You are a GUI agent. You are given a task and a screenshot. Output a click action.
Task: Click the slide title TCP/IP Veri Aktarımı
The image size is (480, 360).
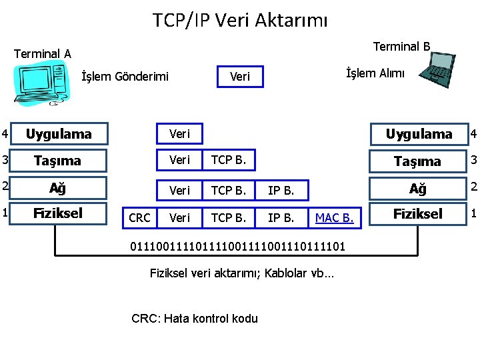(240, 20)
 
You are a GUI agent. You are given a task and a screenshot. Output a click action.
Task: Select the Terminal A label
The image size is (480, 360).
(43, 53)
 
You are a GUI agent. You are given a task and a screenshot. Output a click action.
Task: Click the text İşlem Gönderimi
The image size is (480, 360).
(125, 77)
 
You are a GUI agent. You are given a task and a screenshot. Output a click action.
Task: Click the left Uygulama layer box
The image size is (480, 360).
(59, 134)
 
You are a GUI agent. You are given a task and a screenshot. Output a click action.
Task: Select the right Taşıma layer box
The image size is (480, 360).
(417, 161)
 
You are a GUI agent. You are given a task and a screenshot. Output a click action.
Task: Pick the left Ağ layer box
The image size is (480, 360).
(59, 187)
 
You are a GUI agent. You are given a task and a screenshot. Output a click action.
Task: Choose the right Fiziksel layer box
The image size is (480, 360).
(417, 214)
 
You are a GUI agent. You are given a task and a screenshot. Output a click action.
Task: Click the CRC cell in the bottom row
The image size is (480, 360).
(139, 218)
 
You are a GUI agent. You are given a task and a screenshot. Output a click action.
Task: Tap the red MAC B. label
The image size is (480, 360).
(334, 218)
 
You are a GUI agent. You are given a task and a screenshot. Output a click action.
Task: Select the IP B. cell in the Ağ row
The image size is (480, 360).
(281, 191)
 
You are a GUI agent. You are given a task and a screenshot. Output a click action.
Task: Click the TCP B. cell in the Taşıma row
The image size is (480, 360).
(228, 160)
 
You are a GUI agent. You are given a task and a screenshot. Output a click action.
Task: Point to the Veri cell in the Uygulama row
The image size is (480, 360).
(179, 134)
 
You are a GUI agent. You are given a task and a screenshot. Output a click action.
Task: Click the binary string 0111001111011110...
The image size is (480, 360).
(237, 246)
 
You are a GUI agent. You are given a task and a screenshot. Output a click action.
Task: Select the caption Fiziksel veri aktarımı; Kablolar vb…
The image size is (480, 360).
(242, 273)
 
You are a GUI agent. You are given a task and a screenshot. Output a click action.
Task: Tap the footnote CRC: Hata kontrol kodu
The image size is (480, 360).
(195, 318)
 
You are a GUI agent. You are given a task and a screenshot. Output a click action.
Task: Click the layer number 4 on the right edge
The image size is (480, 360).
(473, 133)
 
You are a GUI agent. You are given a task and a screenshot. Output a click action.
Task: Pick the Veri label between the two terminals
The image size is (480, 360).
(239, 77)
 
